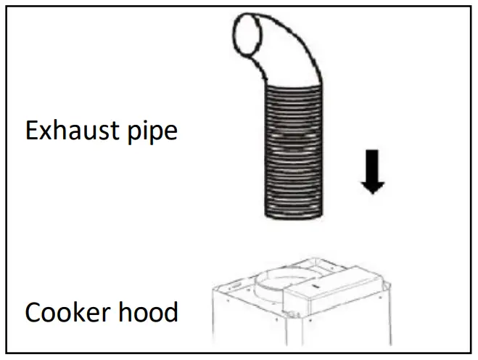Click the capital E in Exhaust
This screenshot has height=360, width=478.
click(32, 131)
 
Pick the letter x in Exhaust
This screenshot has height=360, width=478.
click(47, 134)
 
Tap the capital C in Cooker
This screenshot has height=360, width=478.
click(33, 313)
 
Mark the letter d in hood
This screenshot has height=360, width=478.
click(171, 313)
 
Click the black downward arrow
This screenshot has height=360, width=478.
click(373, 171)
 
